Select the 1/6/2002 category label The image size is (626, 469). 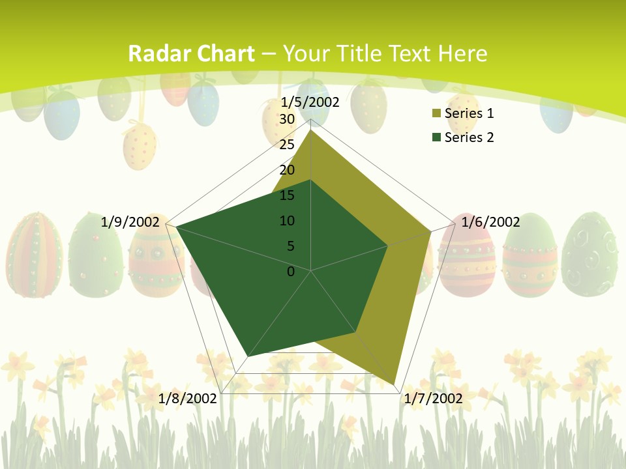click(x=490, y=222)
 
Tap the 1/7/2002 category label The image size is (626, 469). click(x=434, y=399)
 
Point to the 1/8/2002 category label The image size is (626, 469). click(x=188, y=399)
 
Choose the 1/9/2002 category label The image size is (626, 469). click(x=130, y=222)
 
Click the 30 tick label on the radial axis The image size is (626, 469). click(x=287, y=119)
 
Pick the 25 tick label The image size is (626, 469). click(x=287, y=145)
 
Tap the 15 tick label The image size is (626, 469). click(x=287, y=195)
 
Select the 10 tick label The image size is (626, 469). click(x=287, y=221)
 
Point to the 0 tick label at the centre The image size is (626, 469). click(x=291, y=272)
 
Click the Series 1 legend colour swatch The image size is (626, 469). click(x=436, y=114)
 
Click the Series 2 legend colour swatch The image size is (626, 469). click(x=436, y=137)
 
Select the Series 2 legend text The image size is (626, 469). click(x=469, y=137)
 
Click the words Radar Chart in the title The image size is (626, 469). click(x=191, y=53)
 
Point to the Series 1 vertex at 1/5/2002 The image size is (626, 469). click(x=311, y=130)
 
